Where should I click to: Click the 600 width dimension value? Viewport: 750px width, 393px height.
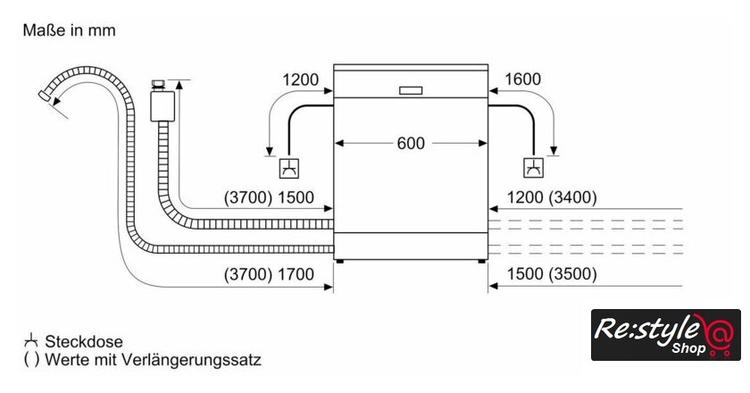pyautogui.click(x=411, y=143)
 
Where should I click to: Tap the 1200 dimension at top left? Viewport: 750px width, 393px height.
pyautogui.click(x=301, y=79)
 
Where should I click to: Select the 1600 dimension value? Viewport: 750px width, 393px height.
pyautogui.click(x=522, y=79)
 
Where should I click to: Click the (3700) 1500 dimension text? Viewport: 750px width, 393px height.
pyautogui.click(x=269, y=197)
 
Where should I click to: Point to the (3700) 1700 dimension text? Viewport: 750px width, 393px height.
pyautogui.click(x=269, y=274)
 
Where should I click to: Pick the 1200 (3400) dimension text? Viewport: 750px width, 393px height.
pyautogui.click(x=552, y=197)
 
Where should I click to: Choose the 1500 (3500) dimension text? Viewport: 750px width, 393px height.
pyautogui.click(x=552, y=274)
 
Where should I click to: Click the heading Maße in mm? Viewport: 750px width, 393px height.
pyautogui.click(x=69, y=30)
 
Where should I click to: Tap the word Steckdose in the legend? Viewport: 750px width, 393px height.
pyautogui.click(x=84, y=342)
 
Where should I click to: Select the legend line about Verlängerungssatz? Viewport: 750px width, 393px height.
pyautogui.click(x=142, y=361)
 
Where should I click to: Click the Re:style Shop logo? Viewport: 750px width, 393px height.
pyautogui.click(x=665, y=335)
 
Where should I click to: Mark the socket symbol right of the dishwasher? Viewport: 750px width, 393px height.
pyautogui.click(x=533, y=168)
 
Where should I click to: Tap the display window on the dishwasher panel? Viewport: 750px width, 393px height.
pyautogui.click(x=412, y=90)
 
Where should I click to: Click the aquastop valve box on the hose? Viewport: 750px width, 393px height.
pyautogui.click(x=161, y=105)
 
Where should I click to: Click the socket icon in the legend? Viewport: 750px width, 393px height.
pyautogui.click(x=30, y=341)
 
